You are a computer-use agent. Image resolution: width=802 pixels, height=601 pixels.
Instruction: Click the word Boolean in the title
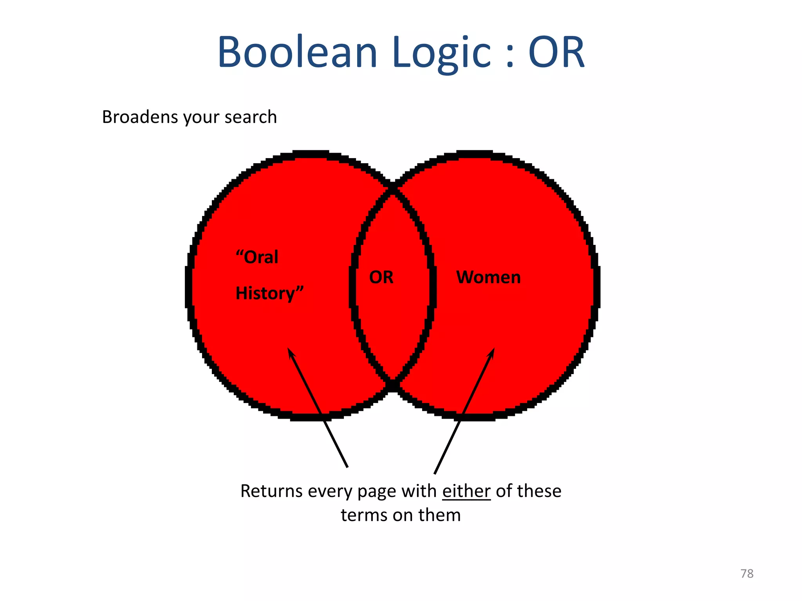click(297, 52)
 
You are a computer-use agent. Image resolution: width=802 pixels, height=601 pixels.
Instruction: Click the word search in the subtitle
click(251, 117)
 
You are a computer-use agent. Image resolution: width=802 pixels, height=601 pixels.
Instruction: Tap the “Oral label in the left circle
click(257, 257)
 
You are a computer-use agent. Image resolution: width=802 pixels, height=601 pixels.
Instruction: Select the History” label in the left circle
click(269, 293)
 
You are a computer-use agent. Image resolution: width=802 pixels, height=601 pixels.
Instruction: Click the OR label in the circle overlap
click(381, 277)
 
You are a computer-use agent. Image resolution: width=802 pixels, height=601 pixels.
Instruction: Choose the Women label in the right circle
click(488, 277)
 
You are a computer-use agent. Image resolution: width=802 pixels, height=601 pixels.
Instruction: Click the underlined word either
click(466, 491)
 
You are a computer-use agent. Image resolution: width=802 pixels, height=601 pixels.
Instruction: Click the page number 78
click(747, 574)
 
